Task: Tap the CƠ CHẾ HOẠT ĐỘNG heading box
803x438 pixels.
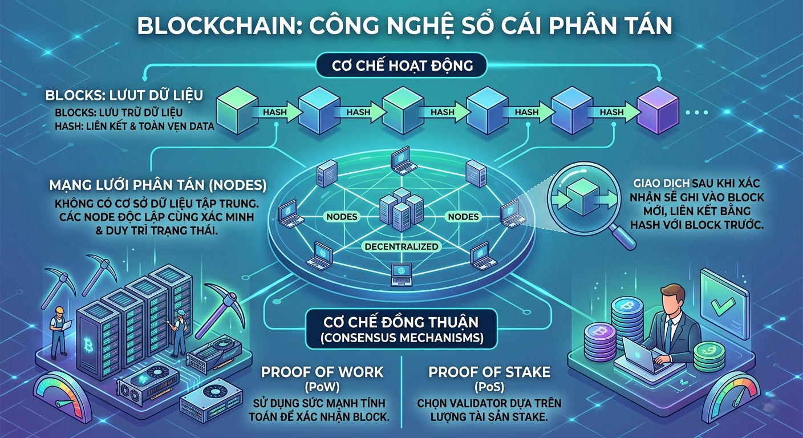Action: [x=402, y=66]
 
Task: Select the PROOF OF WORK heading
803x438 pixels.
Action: [x=322, y=373]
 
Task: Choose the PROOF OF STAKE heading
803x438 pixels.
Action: [x=489, y=373]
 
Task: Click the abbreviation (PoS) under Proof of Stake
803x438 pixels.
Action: [x=489, y=387]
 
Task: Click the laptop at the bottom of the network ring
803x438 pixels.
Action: [x=401, y=274]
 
